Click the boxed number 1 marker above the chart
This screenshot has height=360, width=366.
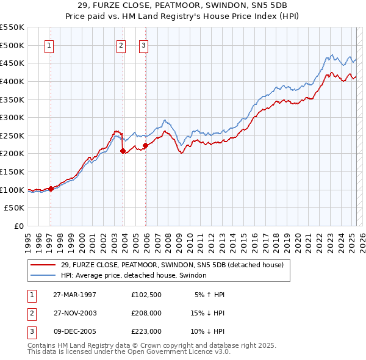(49, 45)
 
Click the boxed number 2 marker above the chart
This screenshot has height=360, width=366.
(121, 45)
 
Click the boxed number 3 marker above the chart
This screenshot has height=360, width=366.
(143, 45)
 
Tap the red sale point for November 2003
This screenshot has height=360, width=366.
(123, 151)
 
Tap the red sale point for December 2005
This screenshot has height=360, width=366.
(146, 145)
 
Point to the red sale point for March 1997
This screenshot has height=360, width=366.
(51, 189)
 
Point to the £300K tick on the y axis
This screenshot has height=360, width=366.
(13, 117)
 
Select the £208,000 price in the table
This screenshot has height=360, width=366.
(146, 313)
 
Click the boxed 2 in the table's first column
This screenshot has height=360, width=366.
(30, 313)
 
